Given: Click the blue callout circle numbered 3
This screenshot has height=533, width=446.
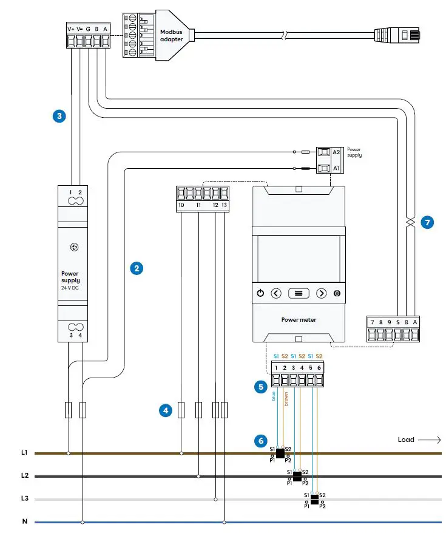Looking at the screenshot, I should click(58, 115).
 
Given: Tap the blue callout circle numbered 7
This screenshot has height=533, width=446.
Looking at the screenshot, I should click(428, 223).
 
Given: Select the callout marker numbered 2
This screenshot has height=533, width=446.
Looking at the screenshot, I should click(137, 267).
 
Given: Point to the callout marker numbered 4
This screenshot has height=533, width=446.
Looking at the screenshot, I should click(164, 410).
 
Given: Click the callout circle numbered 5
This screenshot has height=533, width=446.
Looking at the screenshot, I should click(261, 385).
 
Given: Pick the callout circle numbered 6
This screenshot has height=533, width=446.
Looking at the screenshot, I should click(261, 440).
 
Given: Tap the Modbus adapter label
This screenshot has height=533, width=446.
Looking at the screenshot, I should click(171, 36).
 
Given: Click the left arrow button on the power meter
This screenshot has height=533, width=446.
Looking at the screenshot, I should click(276, 293).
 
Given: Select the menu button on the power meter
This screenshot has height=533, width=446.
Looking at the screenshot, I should click(299, 293).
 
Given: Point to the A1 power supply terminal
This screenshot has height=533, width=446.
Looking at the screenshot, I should click(325, 168).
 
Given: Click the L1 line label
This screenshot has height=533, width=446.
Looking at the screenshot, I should click(24, 453).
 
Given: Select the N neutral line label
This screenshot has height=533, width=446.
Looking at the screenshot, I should click(24, 521).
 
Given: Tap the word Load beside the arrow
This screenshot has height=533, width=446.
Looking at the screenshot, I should click(406, 440).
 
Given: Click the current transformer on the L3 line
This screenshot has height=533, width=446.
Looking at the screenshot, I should click(314, 499).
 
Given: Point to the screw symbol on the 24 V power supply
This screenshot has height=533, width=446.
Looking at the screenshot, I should click(75, 247).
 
